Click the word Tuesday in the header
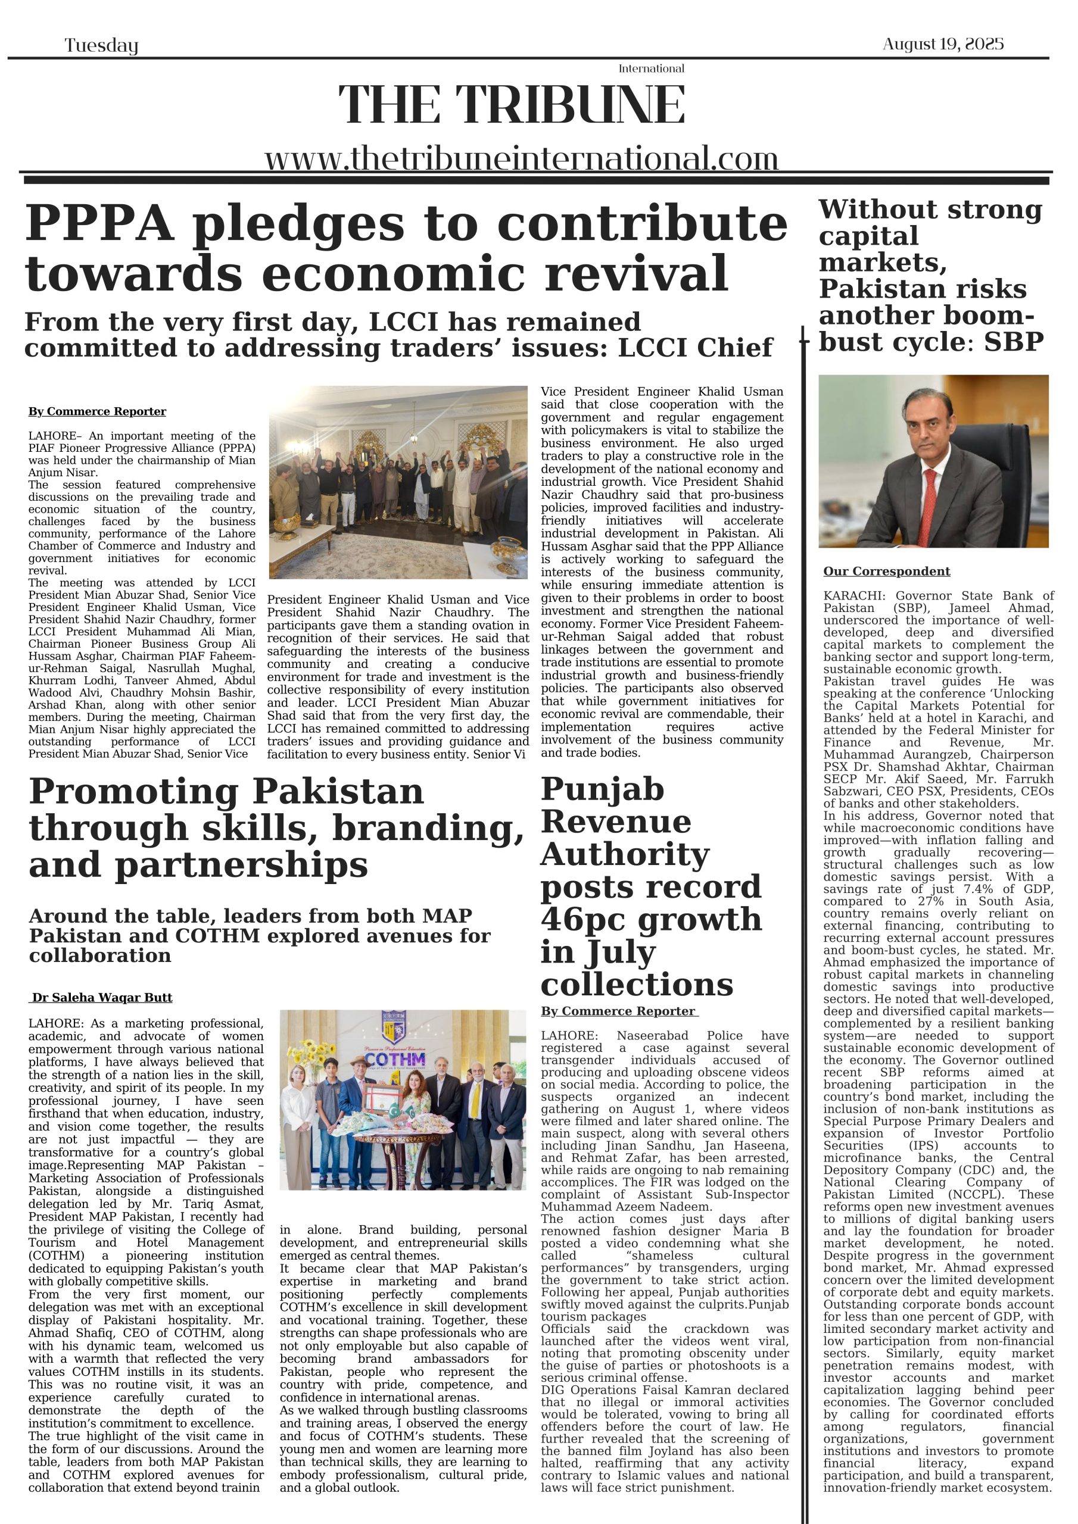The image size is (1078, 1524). [x=101, y=45]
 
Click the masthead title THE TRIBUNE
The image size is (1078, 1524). [x=512, y=105]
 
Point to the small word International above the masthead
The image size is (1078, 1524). [x=651, y=68]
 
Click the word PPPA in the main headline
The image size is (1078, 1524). [x=99, y=224]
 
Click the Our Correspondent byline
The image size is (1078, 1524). [x=886, y=571]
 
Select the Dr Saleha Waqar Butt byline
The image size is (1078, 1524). [x=102, y=998]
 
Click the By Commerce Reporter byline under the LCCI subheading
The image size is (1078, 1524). [x=97, y=411]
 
